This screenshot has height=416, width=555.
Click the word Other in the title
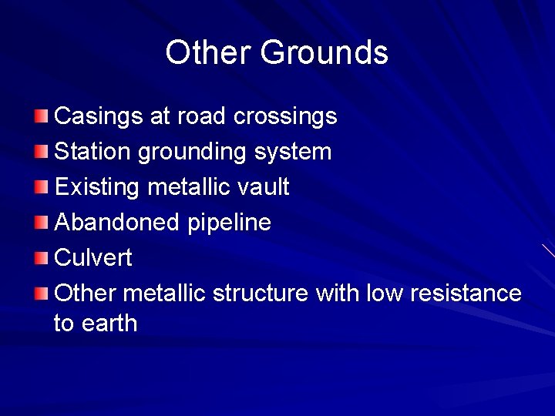[x=207, y=52]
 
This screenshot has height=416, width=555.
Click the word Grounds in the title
[x=324, y=52]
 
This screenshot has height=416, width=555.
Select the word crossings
[x=285, y=116]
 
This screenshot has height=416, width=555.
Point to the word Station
[x=93, y=152]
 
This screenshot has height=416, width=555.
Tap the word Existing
[x=97, y=187]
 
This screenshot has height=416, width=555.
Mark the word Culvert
[x=93, y=258]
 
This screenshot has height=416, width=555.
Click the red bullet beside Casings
[x=42, y=117]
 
